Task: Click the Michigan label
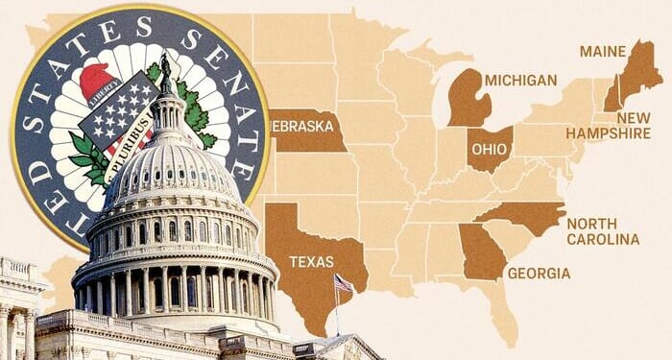520,80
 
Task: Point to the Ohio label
489,151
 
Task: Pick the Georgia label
539,274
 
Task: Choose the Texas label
312,261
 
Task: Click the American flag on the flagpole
344,284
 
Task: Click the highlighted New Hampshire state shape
611,97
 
